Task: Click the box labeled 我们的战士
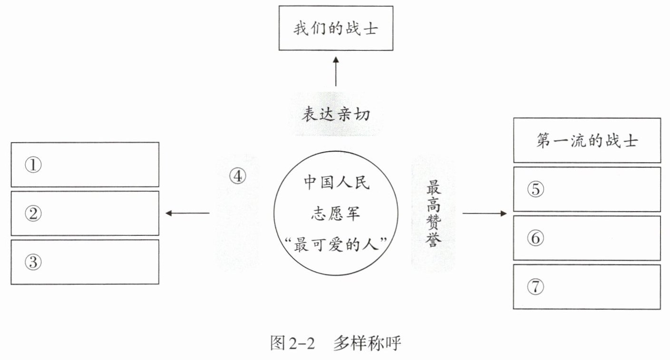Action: coord(336,28)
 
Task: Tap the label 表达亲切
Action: coord(336,115)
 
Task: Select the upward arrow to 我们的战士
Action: coord(336,71)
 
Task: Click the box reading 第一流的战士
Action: coord(587,141)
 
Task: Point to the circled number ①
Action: coord(34,165)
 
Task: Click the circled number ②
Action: coord(34,214)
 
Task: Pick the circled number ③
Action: coord(34,263)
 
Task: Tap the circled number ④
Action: coord(237,176)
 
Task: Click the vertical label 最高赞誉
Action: coord(433,212)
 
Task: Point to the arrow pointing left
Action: coord(187,213)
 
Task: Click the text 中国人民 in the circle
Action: coord(336,184)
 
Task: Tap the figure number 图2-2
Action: coord(293,343)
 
